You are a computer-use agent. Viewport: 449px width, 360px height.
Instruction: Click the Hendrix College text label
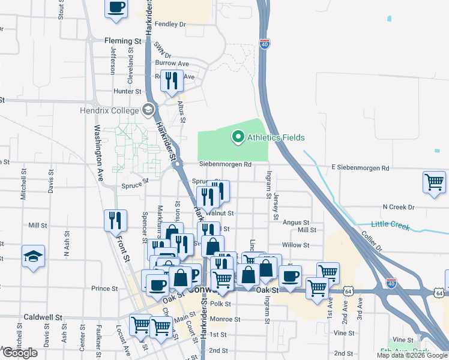109,110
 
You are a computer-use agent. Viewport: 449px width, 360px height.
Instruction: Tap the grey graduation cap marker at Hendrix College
147,109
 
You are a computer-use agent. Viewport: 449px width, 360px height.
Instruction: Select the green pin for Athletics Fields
238,137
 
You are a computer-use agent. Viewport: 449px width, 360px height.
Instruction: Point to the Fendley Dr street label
170,25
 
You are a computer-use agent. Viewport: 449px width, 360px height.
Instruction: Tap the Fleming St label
122,41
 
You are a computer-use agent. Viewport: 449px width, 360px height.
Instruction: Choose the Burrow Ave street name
172,63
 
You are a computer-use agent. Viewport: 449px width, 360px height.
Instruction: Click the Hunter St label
127,92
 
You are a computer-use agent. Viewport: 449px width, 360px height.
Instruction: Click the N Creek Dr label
399,207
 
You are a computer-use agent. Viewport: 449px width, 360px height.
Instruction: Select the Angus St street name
296,222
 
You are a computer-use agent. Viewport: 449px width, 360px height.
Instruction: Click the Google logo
19,352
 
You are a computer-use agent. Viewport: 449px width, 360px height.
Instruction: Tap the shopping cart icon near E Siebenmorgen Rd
434,181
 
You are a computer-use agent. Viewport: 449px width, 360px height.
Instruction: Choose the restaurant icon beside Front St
114,220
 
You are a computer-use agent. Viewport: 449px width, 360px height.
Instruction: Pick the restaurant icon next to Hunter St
172,80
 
